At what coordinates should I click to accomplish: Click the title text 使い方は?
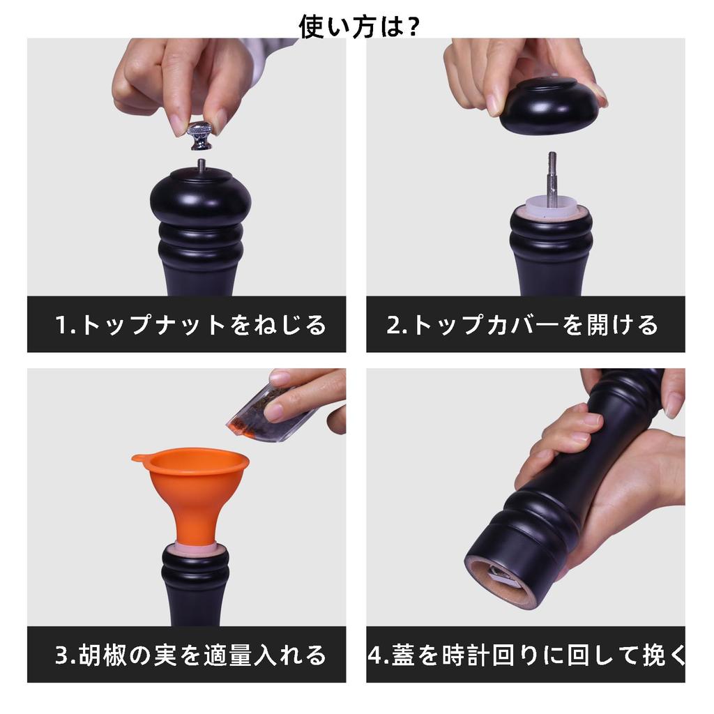(359, 26)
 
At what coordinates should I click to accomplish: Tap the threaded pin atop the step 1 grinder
(201, 165)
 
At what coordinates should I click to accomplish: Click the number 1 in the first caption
(61, 325)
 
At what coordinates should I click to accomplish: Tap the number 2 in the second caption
(393, 325)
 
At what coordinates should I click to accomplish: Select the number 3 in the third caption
(61, 655)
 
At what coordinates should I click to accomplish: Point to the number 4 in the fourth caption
(375, 655)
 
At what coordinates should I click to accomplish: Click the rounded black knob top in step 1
(201, 196)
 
